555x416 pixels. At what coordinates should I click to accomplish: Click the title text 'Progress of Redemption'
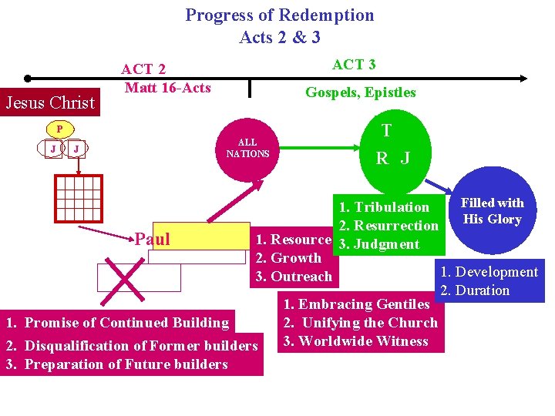point(279,15)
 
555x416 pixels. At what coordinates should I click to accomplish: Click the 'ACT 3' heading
point(354,65)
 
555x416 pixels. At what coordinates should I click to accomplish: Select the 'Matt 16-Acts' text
point(167,87)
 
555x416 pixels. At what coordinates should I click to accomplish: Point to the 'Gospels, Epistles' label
point(360,92)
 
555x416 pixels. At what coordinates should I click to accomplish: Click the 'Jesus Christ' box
point(50,102)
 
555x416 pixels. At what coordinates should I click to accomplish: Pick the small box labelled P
point(59,129)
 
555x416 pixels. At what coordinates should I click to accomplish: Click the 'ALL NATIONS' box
point(247,148)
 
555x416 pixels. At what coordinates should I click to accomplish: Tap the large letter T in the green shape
point(385,131)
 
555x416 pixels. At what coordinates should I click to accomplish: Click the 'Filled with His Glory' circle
point(492,211)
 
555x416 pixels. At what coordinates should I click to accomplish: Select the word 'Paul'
point(152,239)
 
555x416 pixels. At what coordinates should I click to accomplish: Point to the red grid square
point(78,199)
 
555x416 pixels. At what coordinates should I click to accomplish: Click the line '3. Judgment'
point(378,244)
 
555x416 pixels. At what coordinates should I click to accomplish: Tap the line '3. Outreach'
point(293,277)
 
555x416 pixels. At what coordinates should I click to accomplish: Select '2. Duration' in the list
point(474,290)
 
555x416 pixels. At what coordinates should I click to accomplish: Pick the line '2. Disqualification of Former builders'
point(131,345)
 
